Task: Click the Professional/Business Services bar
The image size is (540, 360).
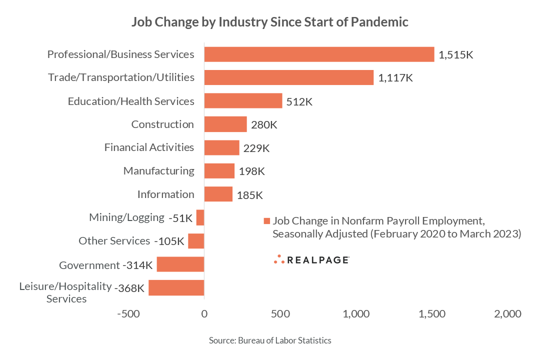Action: [319, 54]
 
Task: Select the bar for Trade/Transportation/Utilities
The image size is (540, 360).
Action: [289, 77]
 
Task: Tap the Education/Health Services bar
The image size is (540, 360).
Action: [243, 101]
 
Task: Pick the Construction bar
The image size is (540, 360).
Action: [225, 124]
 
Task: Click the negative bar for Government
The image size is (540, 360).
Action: [180, 264]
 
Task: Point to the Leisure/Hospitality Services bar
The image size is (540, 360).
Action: [176, 287]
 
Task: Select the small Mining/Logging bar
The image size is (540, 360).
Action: [200, 217]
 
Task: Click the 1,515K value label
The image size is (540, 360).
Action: [455, 55]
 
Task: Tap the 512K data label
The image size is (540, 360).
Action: [299, 102]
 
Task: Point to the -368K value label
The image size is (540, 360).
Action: [129, 288]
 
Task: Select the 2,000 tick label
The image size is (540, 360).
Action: [508, 314]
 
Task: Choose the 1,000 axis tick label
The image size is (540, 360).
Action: [356, 314]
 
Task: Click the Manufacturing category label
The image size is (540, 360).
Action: [158, 171]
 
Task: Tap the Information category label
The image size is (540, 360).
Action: [165, 194]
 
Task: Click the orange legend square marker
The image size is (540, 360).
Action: [266, 221]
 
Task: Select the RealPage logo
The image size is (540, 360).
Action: [311, 259]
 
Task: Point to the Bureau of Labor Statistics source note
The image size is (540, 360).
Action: [270, 340]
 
